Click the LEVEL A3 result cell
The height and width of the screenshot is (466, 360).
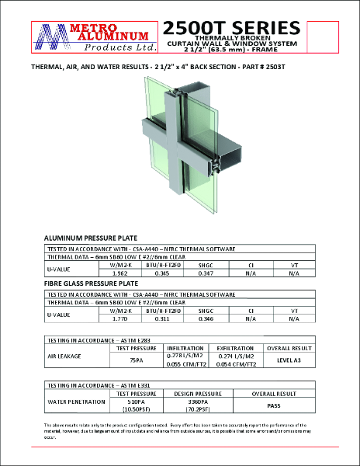click(289, 360)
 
